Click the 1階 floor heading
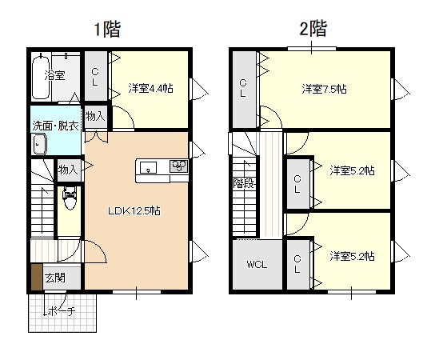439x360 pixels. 107,30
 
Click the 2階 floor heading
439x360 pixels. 313,29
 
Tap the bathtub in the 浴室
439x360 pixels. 41,77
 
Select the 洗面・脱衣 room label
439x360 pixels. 56,126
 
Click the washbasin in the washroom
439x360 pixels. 40,144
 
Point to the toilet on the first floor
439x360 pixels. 70,198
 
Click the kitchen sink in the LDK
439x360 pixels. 148,167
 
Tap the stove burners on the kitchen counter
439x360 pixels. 178,166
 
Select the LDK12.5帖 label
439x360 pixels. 134,210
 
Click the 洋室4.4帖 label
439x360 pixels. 151,88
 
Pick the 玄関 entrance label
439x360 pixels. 55,278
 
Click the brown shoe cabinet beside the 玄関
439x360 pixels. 37,277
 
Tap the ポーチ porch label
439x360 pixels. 62,311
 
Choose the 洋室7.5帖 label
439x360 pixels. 324,89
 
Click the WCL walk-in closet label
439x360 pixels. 257,265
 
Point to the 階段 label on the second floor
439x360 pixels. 244,183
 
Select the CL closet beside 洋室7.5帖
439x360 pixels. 243,90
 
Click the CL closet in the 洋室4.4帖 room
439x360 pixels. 95,76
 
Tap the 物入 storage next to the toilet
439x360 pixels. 68,170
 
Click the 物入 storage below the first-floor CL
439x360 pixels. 95,117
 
